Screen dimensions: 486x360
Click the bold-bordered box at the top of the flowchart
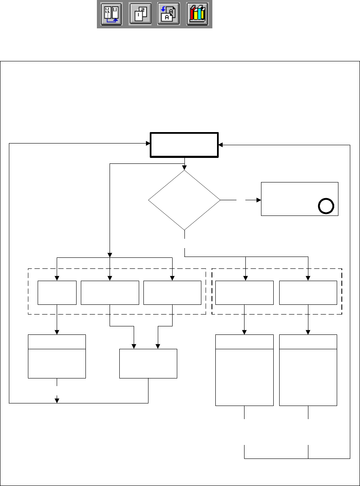pos(184,145)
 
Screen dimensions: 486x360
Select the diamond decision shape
pos(184,199)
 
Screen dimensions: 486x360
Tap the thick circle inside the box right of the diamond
pos(326,206)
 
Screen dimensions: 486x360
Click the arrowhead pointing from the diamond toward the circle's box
pos(259,199)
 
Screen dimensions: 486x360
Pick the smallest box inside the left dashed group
pos(57,292)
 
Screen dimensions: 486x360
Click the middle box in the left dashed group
pos(110,292)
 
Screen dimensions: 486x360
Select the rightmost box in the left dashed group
pos(172,292)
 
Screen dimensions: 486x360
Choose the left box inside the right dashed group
pos(244,292)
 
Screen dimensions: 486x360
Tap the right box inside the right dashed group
pos(308,292)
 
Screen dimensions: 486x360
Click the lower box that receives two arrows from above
pos(148,363)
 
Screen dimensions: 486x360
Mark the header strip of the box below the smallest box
pos(57,342)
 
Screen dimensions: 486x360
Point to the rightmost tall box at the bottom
pos(308,370)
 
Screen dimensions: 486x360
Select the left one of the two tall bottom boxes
pos(244,370)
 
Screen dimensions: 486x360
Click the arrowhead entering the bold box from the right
pos(221,145)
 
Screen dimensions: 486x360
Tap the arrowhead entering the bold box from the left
pos(148,143)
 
